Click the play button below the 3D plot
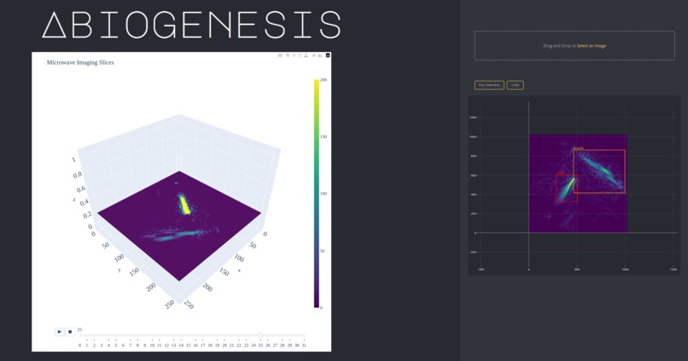point(60,331)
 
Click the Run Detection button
point(489,85)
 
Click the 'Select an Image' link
point(592,45)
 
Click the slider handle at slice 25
point(260,336)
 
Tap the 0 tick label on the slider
point(79,345)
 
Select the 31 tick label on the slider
point(304,345)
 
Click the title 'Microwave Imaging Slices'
point(80,62)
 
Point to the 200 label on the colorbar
point(323,79)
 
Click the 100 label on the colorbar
point(323,194)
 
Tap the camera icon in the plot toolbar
point(279,55)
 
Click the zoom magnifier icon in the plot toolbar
point(288,55)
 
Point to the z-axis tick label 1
point(73,160)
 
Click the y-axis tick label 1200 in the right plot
point(473,117)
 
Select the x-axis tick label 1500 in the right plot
point(673,269)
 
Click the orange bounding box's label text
point(579,148)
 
